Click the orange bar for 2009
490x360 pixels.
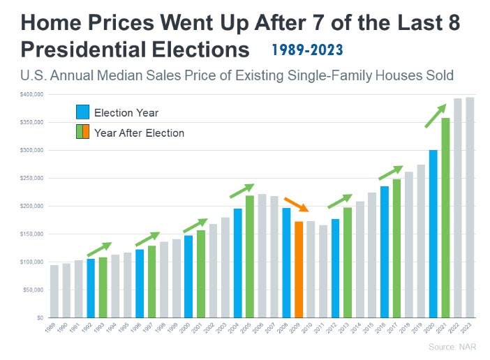(x=299, y=269)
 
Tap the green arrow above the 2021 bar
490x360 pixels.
(x=436, y=116)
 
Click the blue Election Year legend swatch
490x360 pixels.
(x=83, y=112)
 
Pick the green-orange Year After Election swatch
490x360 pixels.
(x=83, y=132)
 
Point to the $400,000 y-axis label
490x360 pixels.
(x=32, y=94)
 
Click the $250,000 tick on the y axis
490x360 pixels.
(x=32, y=178)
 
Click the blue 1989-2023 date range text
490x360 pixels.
(x=308, y=50)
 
